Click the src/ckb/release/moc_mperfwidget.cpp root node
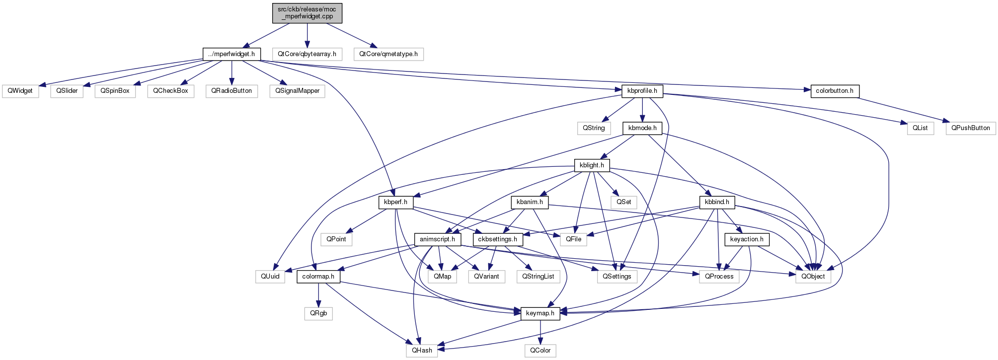pos(307,13)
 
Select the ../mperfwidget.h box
pos(231,54)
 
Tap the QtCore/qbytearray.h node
pos(307,54)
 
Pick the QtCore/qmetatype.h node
pos(388,54)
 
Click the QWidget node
pos(20,91)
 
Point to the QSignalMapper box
pos(298,91)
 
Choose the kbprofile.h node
pos(642,91)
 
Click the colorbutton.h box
pos(835,91)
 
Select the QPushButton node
pos(971,128)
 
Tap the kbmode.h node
pos(642,128)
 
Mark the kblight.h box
pos(592,165)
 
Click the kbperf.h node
pos(395,202)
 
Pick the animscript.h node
pos(437,239)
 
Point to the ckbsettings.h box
pos(498,239)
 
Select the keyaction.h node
pos(747,239)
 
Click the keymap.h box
pos(540,313)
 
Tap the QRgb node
pos(318,313)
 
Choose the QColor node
pos(540,351)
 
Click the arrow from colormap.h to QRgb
pos(318,295)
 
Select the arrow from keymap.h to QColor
pos(540,332)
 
